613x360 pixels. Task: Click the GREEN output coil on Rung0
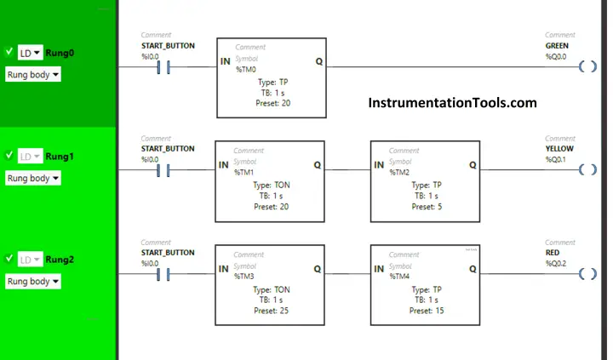coord(587,66)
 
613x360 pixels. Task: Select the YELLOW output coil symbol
coord(587,169)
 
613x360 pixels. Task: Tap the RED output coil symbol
coord(587,273)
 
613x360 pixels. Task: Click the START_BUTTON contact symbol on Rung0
coord(163,67)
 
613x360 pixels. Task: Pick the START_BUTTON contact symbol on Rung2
coord(163,274)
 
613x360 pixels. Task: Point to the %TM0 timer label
coord(246,70)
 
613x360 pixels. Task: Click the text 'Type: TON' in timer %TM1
coord(272,185)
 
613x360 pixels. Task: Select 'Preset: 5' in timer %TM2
coord(427,207)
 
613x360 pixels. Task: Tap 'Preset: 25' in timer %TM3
coord(271,311)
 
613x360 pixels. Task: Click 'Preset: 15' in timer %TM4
coord(427,311)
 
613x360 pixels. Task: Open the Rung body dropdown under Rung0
coord(33,75)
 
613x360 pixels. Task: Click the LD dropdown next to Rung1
coord(30,157)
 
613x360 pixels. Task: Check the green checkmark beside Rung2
coord(9,259)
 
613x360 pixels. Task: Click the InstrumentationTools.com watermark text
coord(452,103)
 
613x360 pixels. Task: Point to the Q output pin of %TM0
coord(319,61)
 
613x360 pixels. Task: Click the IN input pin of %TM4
coord(379,269)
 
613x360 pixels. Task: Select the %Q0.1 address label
coord(555,159)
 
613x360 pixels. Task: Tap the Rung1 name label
coord(60,157)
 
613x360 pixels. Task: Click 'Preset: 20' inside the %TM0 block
coord(273,103)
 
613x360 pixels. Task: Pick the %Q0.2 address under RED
coord(555,264)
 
